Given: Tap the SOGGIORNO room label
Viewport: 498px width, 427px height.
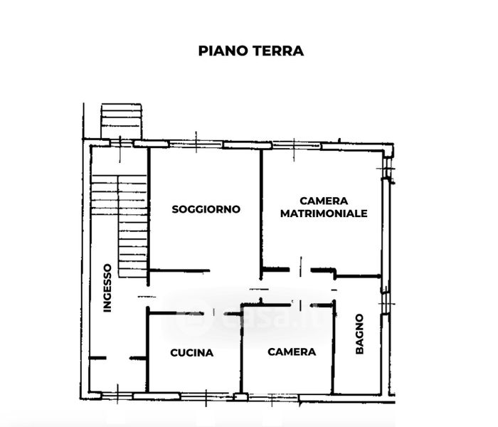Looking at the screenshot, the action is (206, 209).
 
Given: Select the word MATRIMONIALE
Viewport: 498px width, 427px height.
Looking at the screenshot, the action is (324, 213).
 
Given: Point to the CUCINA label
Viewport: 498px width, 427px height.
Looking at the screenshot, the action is (192, 352).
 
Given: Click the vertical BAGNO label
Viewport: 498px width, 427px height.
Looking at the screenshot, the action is (360, 334).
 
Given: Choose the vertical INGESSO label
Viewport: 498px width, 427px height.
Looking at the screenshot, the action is (107, 288).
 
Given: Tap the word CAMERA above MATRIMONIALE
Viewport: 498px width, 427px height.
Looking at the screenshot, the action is (324, 201).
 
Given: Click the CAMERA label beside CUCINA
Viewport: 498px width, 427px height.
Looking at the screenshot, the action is (292, 352).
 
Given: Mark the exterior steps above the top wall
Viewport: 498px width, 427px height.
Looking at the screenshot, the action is (121, 121).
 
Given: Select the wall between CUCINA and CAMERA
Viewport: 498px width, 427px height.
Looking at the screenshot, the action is (241, 349).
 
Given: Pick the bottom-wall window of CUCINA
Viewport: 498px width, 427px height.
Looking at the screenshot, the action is (157, 396).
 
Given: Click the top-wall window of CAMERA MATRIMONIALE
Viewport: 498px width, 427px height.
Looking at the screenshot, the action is (297, 145).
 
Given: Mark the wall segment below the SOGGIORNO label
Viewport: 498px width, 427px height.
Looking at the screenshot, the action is (179, 270).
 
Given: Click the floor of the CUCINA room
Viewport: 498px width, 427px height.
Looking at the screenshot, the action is (192, 370).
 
